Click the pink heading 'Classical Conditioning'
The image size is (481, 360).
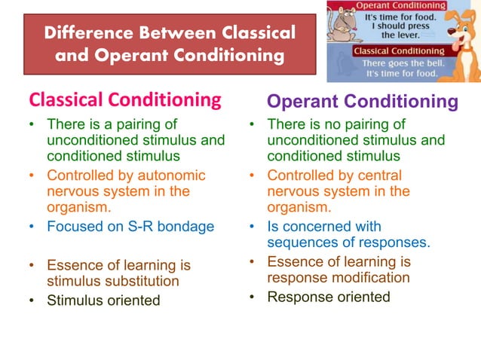click(124, 99)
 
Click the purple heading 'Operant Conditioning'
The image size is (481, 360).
click(363, 102)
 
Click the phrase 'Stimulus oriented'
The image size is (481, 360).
click(103, 301)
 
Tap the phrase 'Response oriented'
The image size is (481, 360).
click(329, 297)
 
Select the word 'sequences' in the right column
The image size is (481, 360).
click(299, 242)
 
